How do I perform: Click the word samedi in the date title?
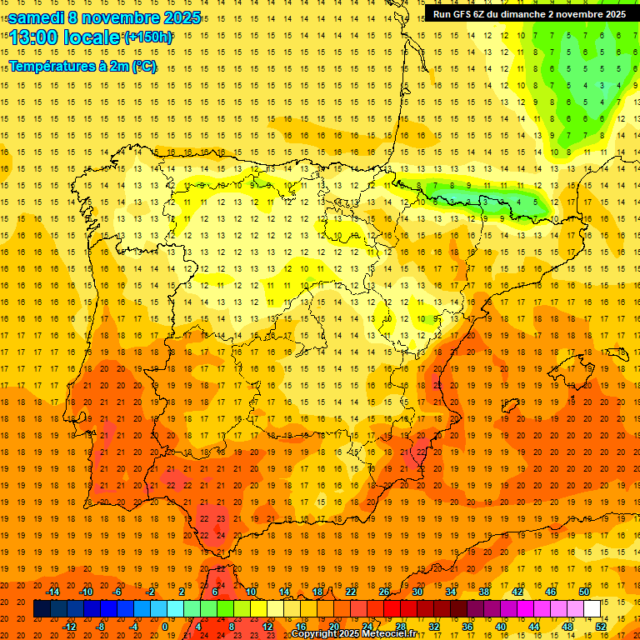pyautogui.click(x=36, y=17)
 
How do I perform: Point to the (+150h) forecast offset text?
pyautogui.click(x=148, y=37)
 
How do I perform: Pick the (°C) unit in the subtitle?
pyautogui.click(x=143, y=66)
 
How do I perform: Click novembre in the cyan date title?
pyautogui.click(x=123, y=17)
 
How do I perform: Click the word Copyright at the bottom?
pyautogui.click(x=313, y=634)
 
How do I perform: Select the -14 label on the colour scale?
pyautogui.click(x=52, y=592)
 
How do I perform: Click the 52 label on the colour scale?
pyautogui.click(x=601, y=627)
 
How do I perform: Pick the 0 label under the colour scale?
pyautogui.click(x=164, y=627)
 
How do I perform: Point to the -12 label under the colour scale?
pyautogui.click(x=69, y=627)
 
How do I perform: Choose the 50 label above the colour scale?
pyautogui.click(x=583, y=592)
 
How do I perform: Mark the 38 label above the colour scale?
pyautogui.click(x=483, y=592)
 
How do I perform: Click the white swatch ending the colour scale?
pyautogui.click(x=592, y=609)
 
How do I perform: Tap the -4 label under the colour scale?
pyautogui.click(x=133, y=627)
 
